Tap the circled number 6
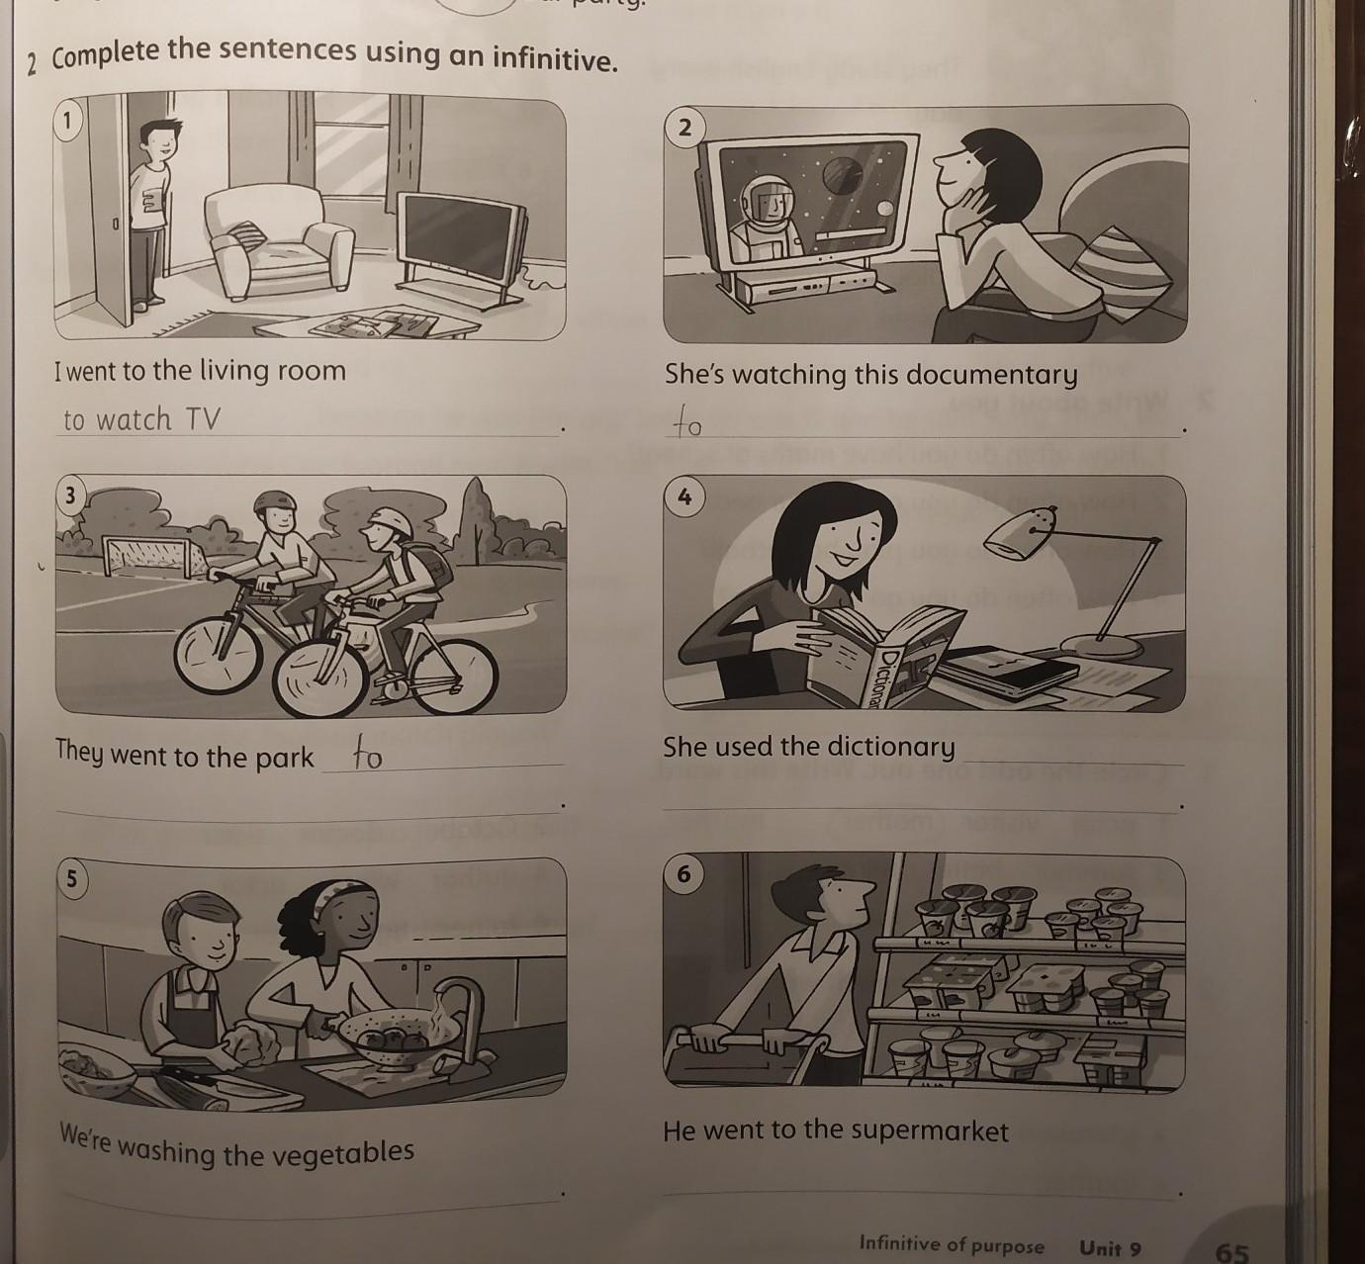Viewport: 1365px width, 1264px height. pos(683,874)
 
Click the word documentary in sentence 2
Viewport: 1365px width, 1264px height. pos(992,375)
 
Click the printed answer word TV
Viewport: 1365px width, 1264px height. pos(202,418)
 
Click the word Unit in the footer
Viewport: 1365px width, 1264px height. pos(1100,1247)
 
